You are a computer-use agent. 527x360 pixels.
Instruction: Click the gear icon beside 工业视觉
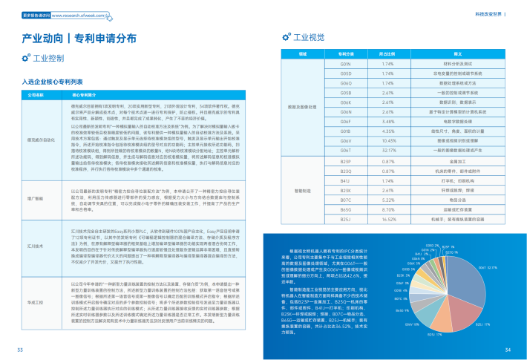[285, 36]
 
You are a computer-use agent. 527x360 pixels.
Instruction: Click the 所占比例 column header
[386, 54]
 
